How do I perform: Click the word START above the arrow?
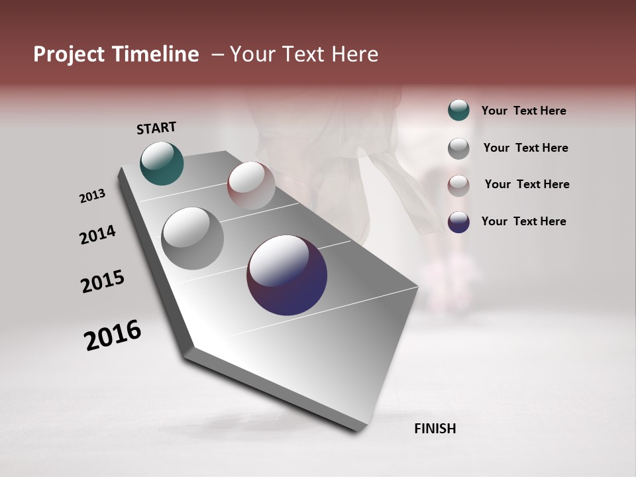pyautogui.click(x=156, y=128)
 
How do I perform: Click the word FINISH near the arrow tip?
pyautogui.click(x=435, y=429)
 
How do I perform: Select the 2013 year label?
pyautogui.click(x=92, y=196)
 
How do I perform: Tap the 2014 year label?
pyautogui.click(x=97, y=235)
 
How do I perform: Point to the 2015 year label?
pyautogui.click(x=103, y=282)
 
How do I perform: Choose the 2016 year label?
pyautogui.click(x=113, y=335)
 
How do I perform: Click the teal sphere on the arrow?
pyautogui.click(x=162, y=164)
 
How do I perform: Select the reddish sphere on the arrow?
pyautogui.click(x=251, y=185)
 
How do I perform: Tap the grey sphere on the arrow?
pyautogui.click(x=192, y=238)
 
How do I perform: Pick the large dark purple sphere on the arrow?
pyautogui.click(x=287, y=275)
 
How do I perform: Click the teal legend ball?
pyautogui.click(x=458, y=110)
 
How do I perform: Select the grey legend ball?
pyautogui.click(x=458, y=148)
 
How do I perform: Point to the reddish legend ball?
pyautogui.click(x=458, y=185)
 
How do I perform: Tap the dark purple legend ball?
pyautogui.click(x=458, y=222)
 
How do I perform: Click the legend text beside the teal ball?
pyautogui.click(x=523, y=111)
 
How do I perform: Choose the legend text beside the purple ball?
pyautogui.click(x=523, y=221)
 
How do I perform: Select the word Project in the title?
pyautogui.click(x=69, y=54)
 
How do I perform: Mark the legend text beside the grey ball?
pyautogui.click(x=525, y=148)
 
